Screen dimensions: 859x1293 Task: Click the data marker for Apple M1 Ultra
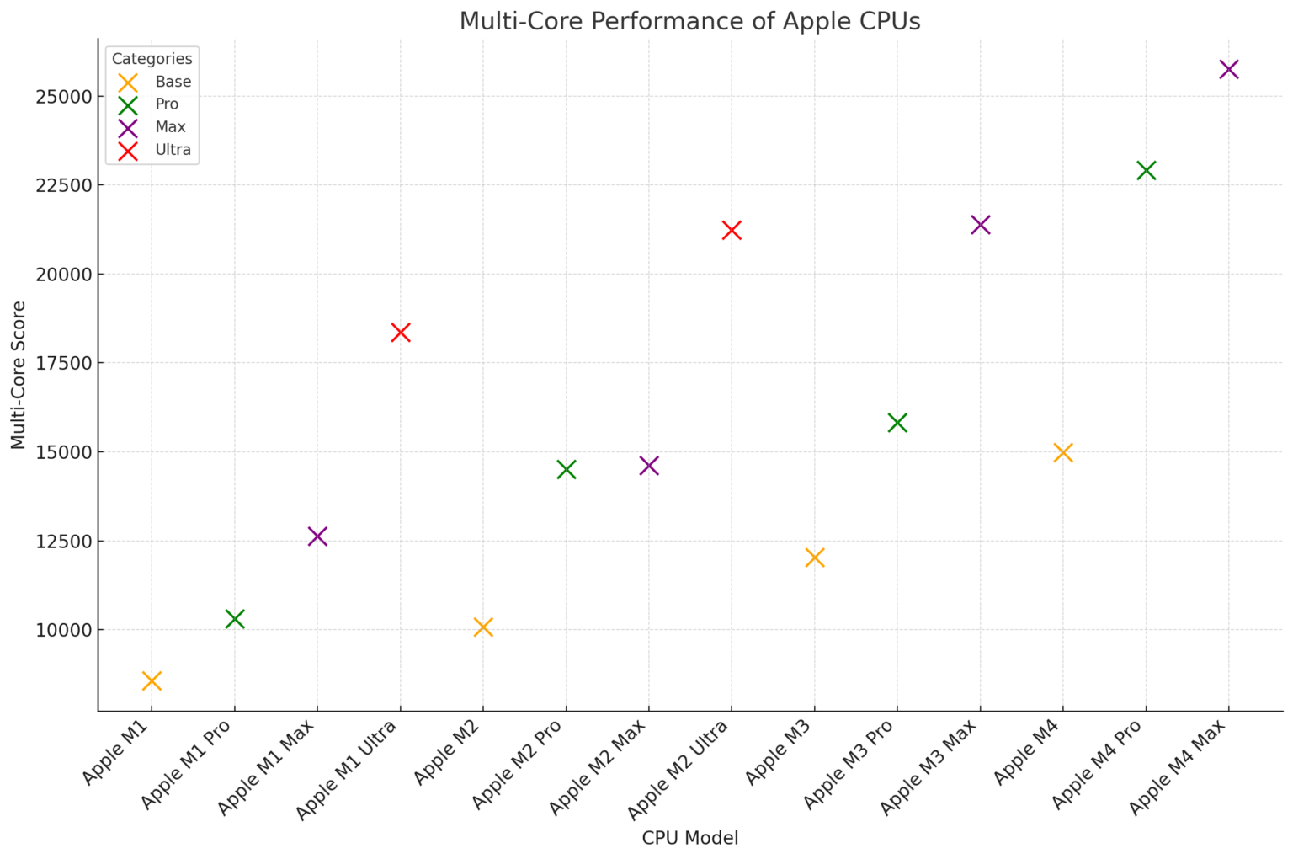(x=401, y=332)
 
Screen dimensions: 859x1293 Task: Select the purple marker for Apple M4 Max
(x=1229, y=69)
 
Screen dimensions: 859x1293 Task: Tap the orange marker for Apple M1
(x=152, y=680)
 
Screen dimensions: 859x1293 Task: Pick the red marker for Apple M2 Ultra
(x=732, y=230)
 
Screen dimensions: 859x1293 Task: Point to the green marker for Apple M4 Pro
(x=1146, y=170)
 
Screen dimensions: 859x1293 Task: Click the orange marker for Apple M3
(x=814, y=558)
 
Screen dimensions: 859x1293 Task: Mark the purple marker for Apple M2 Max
(x=649, y=466)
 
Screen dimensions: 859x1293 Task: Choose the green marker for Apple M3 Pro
(x=897, y=422)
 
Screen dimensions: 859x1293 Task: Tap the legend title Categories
(x=152, y=59)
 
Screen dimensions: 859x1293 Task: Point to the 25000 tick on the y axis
(x=63, y=96)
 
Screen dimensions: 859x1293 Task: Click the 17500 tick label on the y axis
(x=63, y=363)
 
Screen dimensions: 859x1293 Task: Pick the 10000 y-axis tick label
(x=63, y=630)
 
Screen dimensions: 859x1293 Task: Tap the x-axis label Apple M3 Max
(x=929, y=766)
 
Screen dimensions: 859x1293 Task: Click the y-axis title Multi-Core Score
(x=19, y=375)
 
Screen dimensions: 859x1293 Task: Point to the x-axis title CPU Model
(x=689, y=838)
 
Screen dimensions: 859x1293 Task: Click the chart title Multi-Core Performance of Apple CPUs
(x=689, y=21)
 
